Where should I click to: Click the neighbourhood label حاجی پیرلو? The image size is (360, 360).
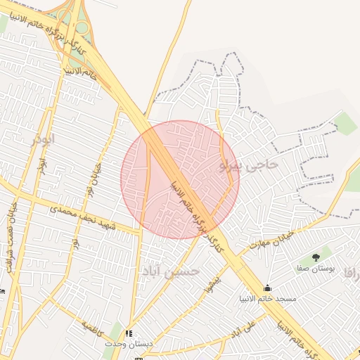[249, 165]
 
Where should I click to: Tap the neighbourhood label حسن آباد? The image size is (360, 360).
[171, 271]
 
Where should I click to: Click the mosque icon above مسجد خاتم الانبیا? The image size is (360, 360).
[267, 288]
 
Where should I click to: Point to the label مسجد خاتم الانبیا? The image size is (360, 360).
[267, 300]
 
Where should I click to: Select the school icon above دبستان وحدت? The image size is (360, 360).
[128, 333]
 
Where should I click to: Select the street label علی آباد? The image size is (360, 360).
[242, 328]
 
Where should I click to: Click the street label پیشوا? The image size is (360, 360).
[207, 284]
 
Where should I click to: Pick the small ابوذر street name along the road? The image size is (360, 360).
[44, 167]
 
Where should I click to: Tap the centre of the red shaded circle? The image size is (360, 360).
[180, 179]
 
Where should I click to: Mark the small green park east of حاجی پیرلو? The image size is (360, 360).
[346, 124]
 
